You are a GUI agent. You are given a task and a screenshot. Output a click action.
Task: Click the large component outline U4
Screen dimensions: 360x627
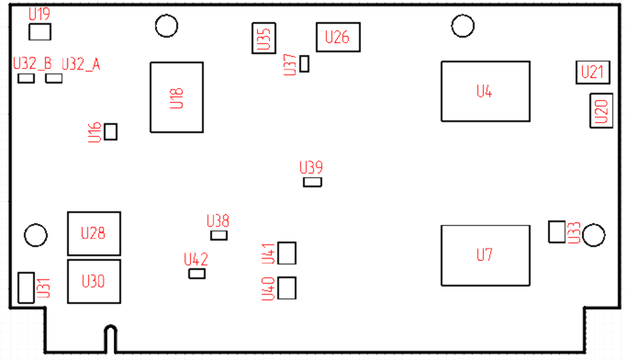click(486, 91)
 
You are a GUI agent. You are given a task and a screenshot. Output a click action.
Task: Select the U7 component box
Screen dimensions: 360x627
click(486, 254)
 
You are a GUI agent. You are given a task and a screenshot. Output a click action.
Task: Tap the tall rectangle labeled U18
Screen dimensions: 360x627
click(177, 96)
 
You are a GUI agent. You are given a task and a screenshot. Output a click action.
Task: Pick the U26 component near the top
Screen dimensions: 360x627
click(337, 38)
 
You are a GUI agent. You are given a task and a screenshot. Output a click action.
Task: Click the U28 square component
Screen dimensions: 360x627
click(94, 233)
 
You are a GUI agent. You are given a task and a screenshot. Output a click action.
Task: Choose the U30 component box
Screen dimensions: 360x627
click(94, 281)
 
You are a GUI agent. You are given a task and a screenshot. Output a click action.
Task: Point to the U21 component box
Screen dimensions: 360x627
click(593, 73)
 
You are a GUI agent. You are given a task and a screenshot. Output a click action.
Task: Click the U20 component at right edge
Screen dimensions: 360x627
click(600, 112)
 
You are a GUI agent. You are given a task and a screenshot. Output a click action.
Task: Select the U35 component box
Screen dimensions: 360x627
click(263, 39)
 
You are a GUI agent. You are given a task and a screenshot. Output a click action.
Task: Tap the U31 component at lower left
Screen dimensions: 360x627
click(26, 287)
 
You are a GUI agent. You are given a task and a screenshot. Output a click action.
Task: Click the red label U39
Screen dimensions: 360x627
click(312, 167)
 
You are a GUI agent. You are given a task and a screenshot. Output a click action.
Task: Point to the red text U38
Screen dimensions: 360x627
click(218, 220)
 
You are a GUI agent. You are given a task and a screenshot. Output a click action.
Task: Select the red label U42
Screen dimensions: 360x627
click(196, 259)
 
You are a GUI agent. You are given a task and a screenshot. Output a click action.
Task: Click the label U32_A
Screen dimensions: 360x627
click(81, 63)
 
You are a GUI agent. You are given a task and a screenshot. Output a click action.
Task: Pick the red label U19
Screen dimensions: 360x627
click(39, 15)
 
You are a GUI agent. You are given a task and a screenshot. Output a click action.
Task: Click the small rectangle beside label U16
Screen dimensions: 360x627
click(111, 131)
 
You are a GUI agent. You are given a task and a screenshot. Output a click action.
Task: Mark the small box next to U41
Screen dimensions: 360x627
click(287, 253)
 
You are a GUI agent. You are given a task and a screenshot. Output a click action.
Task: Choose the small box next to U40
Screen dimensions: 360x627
click(287, 288)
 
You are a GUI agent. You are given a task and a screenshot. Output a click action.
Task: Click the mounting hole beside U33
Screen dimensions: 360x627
click(593, 236)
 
